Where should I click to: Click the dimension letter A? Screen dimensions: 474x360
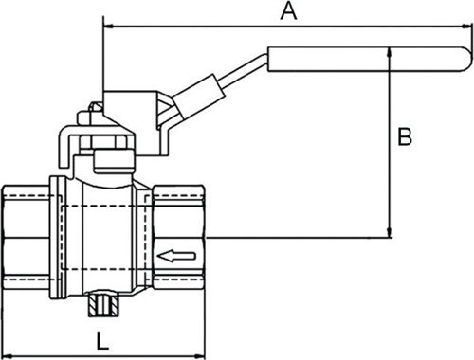[289, 11]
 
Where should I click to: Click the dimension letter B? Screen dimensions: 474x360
[405, 136]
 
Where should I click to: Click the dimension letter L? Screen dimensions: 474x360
[102, 340]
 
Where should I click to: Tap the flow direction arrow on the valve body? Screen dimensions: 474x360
[176, 256]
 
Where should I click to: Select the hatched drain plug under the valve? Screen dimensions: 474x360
[102, 305]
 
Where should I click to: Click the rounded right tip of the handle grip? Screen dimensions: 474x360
[467, 60]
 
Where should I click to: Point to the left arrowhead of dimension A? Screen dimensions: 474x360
[108, 27]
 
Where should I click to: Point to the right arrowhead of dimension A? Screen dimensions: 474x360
[467, 27]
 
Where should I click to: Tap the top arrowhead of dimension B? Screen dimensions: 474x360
[390, 52]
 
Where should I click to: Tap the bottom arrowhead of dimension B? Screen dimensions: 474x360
[390, 232]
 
